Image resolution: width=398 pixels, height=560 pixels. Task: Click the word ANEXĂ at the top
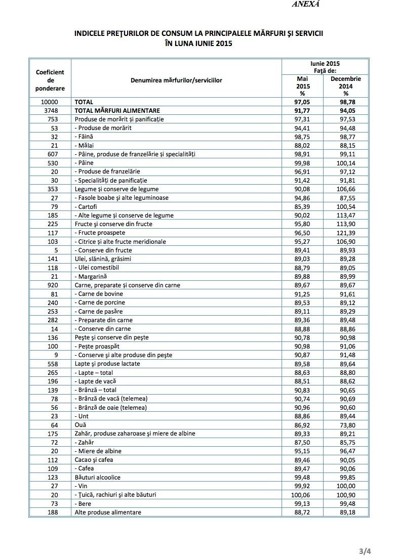pyautogui.click(x=306, y=4)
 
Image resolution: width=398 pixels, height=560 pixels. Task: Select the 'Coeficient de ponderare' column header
pyautogui.click(x=50, y=80)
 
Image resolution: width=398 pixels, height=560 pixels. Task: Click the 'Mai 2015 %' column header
pyautogui.click(x=302, y=86)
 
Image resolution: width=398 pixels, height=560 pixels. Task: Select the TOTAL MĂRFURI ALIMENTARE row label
pyautogui.click(x=117, y=110)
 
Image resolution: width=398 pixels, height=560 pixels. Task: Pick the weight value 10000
pyautogui.click(x=50, y=102)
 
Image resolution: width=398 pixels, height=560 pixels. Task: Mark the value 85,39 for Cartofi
pyautogui.click(x=302, y=206)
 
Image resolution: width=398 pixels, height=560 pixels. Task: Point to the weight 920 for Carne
pyautogui.click(x=51, y=285)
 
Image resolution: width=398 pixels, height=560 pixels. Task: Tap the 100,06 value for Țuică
pyautogui.click(x=302, y=495)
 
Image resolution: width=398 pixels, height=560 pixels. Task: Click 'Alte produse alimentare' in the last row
pyautogui.click(x=107, y=512)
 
